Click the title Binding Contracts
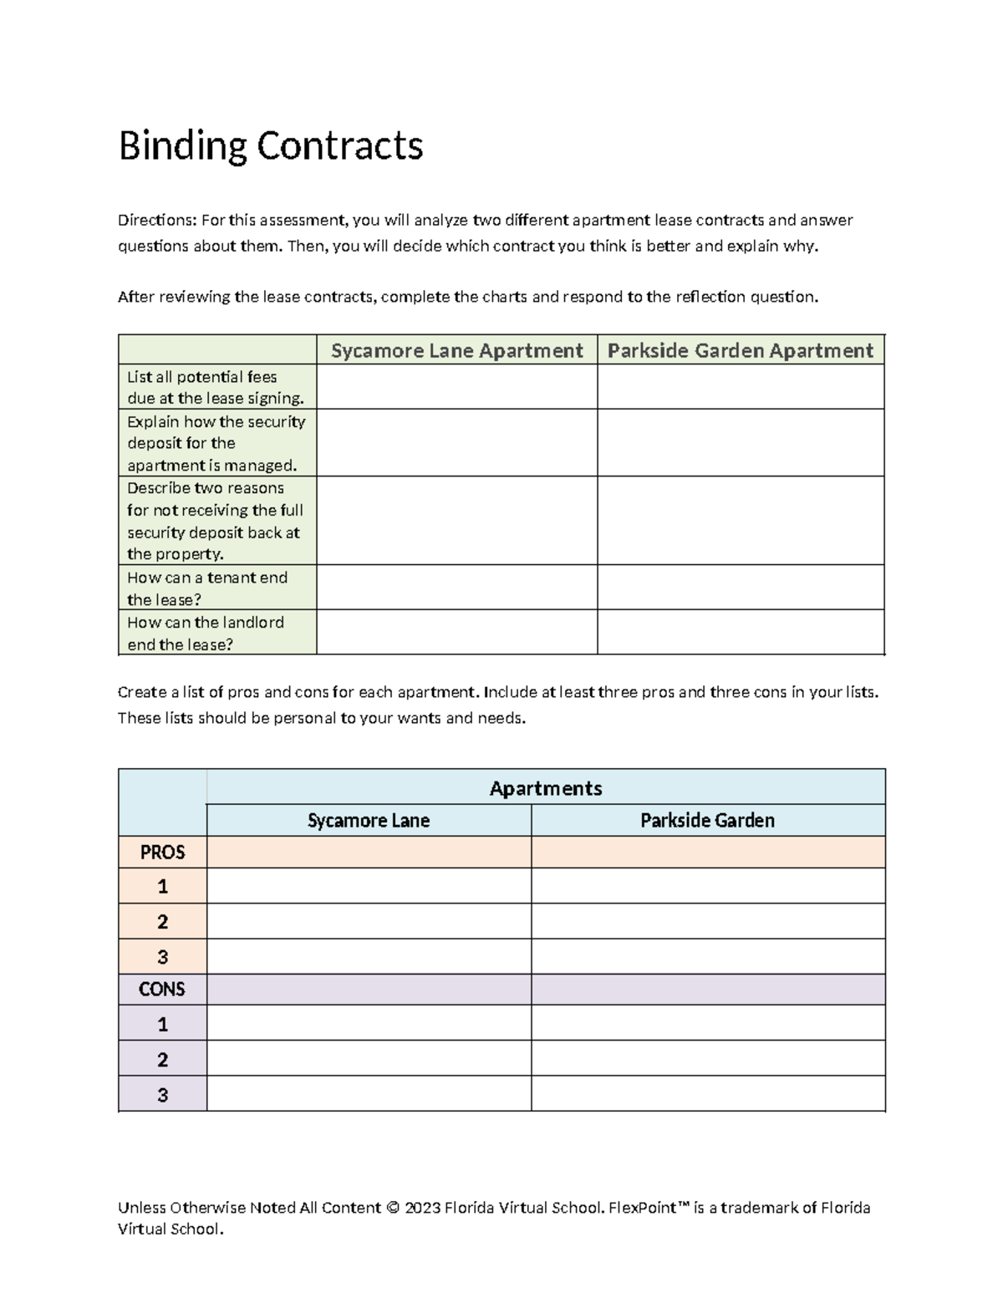tap(271, 146)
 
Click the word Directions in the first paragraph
tap(155, 221)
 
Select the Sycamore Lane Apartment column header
tap(456, 350)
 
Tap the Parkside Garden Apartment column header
tap(740, 350)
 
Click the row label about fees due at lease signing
tap(216, 387)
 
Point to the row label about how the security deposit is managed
tap(216, 443)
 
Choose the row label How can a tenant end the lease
tap(207, 588)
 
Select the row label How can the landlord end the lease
tap(206, 633)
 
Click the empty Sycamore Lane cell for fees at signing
tap(456, 387)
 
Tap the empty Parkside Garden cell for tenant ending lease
tap(740, 588)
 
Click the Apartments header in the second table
tap(545, 788)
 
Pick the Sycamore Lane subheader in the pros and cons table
tap(369, 821)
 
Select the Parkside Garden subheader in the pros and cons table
tap(707, 821)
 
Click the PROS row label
tap(162, 853)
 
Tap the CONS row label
tap(162, 990)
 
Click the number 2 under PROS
tap(162, 922)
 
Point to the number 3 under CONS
tap(162, 1094)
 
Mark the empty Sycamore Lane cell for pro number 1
tap(369, 886)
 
